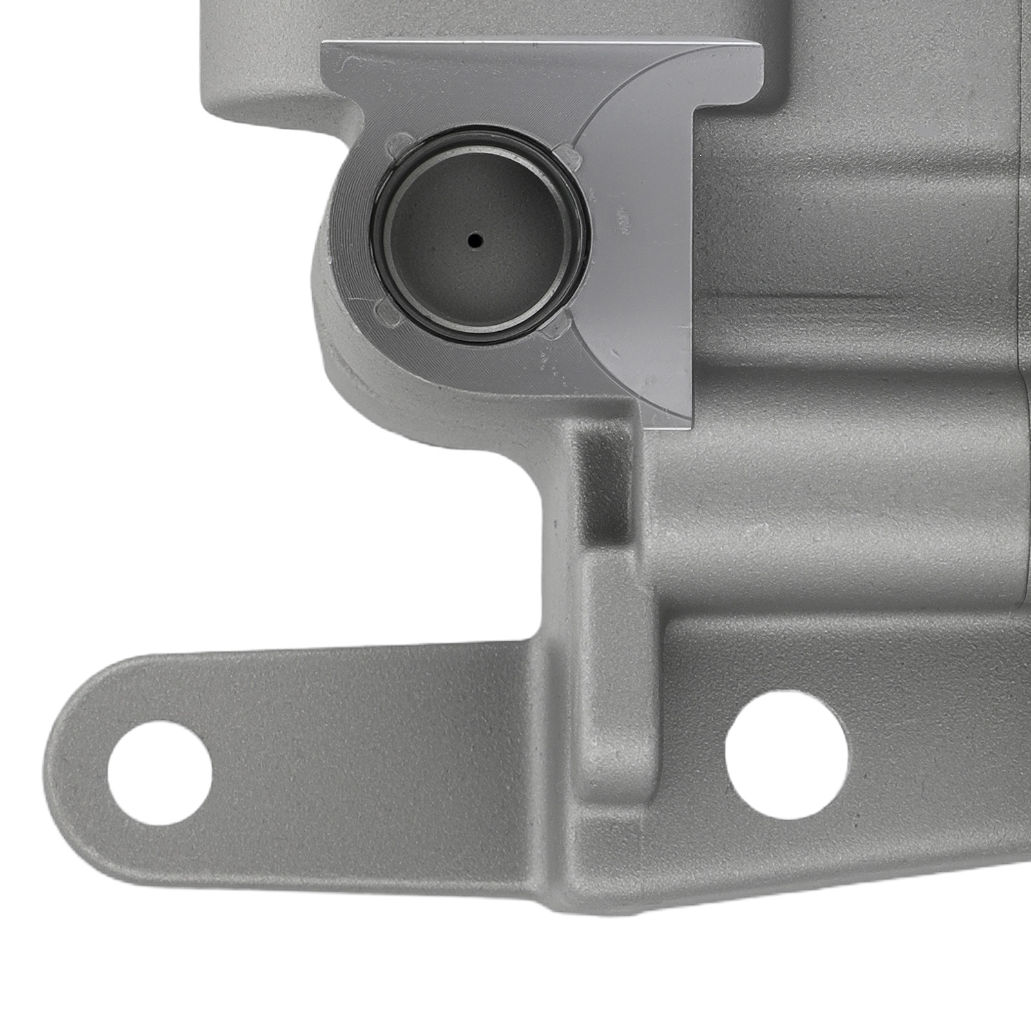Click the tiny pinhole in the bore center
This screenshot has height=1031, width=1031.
476,241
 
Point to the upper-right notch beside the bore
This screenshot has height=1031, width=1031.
567,152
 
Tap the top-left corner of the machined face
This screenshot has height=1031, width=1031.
323,45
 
